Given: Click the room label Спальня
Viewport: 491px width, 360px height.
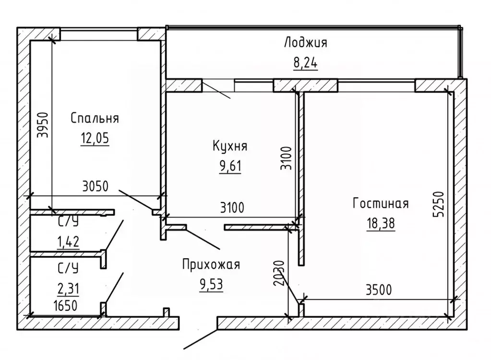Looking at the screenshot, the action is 95,119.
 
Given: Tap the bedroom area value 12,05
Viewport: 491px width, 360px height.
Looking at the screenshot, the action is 95,138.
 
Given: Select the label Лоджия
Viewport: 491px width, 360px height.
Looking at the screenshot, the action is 306,43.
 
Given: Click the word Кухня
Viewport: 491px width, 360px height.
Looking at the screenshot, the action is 230,146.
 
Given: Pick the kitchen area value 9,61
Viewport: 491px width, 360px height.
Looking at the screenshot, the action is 230,166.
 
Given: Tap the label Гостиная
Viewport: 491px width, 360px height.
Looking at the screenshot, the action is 381,204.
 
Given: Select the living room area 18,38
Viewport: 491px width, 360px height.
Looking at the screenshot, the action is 381,224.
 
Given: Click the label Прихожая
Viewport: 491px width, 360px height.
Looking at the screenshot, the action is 211,264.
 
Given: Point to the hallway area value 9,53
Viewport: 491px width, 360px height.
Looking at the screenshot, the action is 211,285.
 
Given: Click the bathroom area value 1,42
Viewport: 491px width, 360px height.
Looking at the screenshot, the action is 68,241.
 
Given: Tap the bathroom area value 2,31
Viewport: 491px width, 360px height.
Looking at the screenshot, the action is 68,288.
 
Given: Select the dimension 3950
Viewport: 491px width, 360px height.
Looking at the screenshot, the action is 43,125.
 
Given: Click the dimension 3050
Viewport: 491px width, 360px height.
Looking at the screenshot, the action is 96,187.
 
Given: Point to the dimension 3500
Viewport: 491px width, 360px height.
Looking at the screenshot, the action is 379,290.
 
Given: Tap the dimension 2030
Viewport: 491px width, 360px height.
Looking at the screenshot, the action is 279,273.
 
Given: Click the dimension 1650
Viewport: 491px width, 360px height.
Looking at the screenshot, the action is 65,306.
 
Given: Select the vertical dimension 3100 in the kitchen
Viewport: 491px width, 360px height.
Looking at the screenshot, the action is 286,158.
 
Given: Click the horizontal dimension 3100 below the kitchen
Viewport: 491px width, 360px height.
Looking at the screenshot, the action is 232,207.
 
